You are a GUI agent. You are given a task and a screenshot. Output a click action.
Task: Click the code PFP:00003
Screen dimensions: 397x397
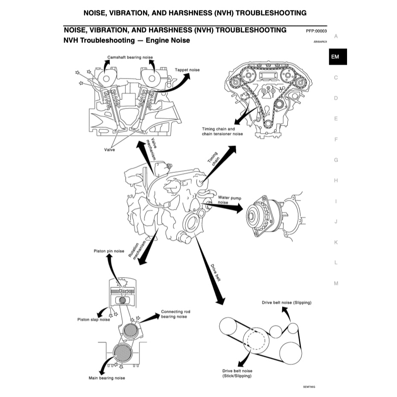(316, 31)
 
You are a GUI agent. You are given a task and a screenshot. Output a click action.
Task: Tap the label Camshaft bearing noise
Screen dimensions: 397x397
(130, 57)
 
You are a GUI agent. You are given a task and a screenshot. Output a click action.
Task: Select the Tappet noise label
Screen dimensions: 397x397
(187, 70)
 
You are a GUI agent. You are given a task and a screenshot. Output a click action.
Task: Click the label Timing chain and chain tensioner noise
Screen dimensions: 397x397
(222, 131)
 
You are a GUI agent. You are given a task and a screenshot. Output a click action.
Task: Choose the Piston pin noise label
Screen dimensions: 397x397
(110, 251)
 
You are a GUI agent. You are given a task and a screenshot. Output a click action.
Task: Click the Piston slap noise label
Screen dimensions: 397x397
(93, 319)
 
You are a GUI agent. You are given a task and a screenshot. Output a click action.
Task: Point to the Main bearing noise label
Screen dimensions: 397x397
(107, 378)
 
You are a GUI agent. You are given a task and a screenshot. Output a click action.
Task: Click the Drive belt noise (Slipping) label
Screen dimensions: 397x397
(286, 303)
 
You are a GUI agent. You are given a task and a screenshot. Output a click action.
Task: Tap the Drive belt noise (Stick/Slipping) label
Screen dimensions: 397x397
(237, 374)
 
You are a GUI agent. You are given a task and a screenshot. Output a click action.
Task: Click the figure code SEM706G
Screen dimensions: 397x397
(309, 387)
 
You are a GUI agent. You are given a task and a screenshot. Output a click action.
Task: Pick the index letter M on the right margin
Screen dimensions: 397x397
(336, 283)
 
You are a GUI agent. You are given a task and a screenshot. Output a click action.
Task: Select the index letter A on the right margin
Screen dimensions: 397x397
(336, 36)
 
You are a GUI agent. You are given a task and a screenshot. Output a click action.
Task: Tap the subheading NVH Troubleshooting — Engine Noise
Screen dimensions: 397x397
(126, 41)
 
